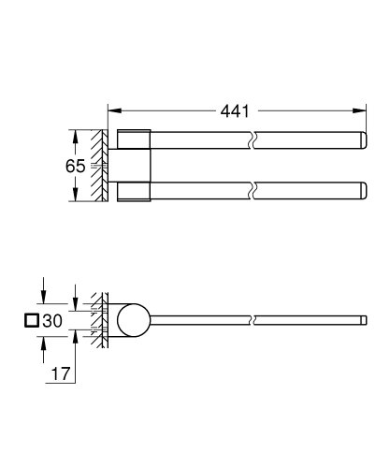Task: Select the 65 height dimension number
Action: (x=76, y=166)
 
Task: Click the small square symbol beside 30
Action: (x=34, y=321)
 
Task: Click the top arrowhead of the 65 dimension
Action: (x=71, y=133)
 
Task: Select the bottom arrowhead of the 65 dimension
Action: (x=71, y=198)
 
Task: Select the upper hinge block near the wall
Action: (x=135, y=138)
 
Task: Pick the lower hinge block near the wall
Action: (x=135, y=192)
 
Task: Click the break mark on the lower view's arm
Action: (x=254, y=322)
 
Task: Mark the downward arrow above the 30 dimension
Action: (x=42, y=299)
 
